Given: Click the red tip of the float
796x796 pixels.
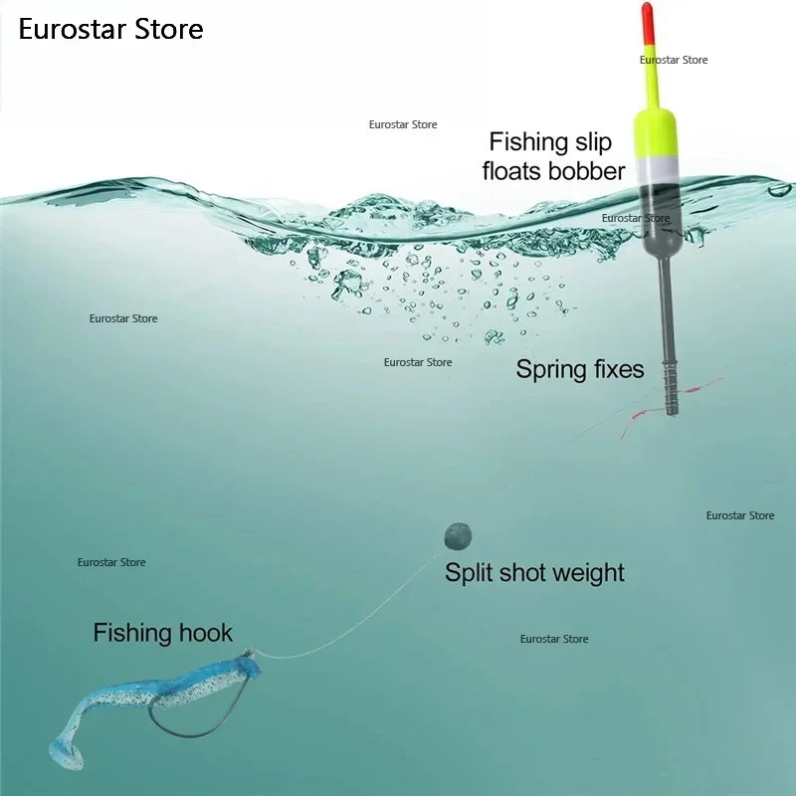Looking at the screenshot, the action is [648, 23].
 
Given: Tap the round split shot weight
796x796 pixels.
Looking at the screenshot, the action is [458, 536].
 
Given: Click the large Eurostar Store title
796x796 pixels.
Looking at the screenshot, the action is [110, 29].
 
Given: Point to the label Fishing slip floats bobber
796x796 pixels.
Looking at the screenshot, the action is [553, 156].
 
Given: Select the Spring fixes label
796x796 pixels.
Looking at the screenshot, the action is [580, 369].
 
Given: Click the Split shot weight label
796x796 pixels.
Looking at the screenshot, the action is [534, 573].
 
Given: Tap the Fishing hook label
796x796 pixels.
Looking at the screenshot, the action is [162, 633].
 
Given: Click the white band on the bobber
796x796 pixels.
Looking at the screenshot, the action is [656, 170].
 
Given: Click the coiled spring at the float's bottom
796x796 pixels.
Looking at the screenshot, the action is [671, 387].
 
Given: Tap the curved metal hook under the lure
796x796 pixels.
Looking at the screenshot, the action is [193, 720].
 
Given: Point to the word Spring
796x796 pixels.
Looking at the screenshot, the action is [549, 370].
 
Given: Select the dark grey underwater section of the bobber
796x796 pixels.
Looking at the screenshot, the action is [658, 221].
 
